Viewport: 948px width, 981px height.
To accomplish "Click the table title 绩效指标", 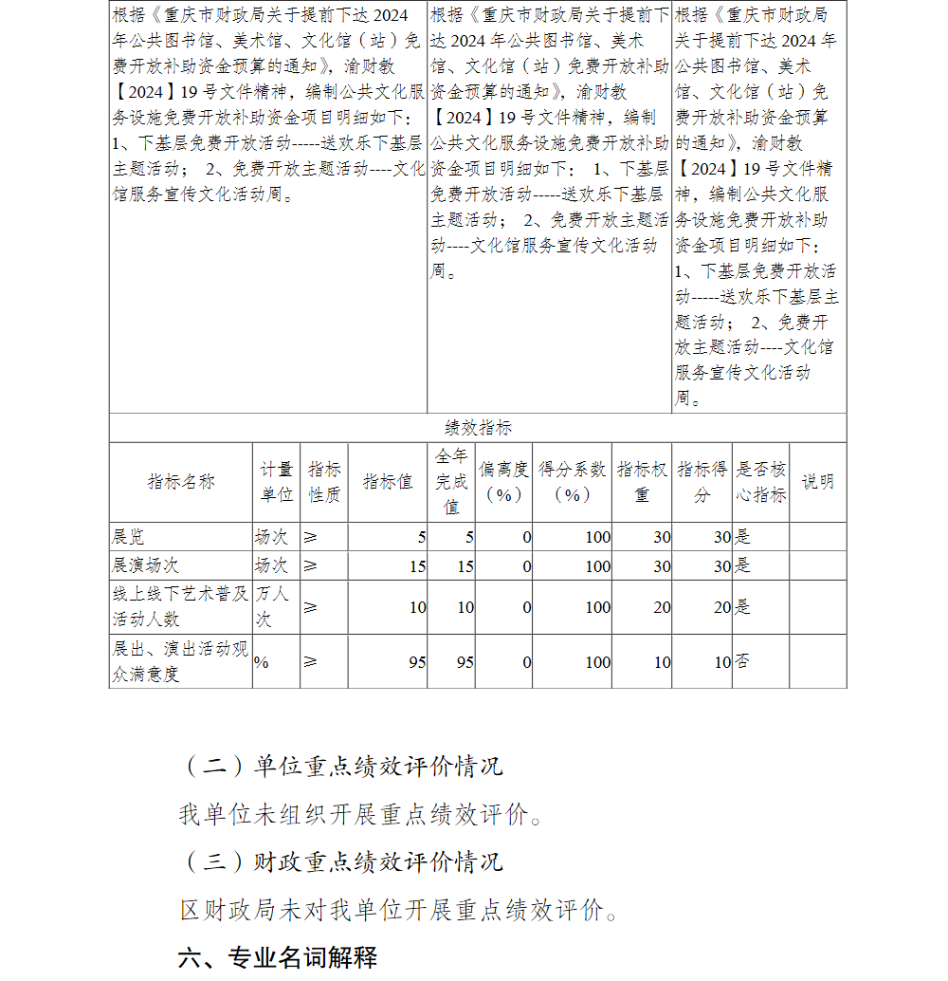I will [478, 428].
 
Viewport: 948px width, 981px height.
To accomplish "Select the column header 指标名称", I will [181, 482].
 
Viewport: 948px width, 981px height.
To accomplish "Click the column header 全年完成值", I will [451, 482].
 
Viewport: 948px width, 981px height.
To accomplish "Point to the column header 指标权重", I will [642, 482].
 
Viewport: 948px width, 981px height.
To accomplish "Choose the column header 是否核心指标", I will [761, 482].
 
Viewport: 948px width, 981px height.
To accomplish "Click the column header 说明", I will [818, 482].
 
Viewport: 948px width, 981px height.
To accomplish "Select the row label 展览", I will [129, 537].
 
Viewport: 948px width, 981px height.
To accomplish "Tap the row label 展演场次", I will [146, 565].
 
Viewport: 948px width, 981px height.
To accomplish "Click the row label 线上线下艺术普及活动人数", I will [179, 606].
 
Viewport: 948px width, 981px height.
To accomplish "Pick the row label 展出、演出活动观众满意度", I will [179, 661].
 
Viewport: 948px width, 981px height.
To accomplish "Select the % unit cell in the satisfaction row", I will [261, 662].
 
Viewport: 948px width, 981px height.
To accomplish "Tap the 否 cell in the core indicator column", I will [743, 661].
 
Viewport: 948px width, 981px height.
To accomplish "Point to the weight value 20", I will [662, 607].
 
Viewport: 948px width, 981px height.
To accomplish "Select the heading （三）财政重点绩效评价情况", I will [341, 861].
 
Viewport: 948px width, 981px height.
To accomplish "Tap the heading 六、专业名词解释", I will [278, 957].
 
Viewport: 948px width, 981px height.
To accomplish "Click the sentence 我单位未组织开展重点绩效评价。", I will [362, 815].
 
